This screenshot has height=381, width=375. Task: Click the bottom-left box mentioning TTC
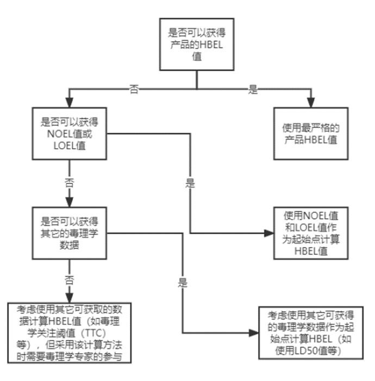(70, 332)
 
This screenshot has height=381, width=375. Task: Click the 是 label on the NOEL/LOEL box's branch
(190, 183)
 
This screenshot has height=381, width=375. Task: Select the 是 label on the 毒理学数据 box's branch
(182, 283)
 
